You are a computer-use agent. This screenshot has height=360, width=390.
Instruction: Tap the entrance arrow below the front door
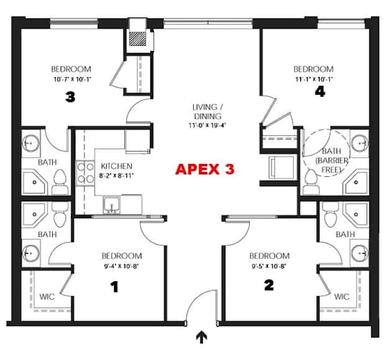click(x=203, y=336)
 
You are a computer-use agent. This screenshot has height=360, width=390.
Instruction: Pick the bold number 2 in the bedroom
click(x=269, y=285)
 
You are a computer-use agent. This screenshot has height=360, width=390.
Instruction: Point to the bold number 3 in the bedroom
click(x=70, y=97)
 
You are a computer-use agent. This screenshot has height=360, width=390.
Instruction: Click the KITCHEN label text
click(x=116, y=166)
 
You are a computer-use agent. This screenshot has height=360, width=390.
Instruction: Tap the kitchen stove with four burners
click(x=86, y=171)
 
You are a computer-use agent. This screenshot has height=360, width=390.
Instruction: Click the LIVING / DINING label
click(x=208, y=111)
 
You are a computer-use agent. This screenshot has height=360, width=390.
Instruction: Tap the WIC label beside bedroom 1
click(x=47, y=296)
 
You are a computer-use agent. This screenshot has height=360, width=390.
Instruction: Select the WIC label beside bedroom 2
click(x=342, y=296)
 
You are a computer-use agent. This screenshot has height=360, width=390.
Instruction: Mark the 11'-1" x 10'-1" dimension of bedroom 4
click(x=313, y=79)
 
